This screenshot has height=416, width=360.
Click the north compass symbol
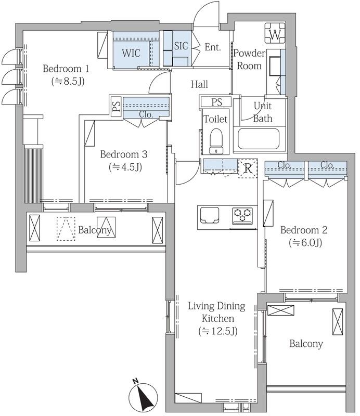point(143,396)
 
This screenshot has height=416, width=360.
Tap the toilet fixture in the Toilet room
point(216,141)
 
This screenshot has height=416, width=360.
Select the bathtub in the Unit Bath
point(259,139)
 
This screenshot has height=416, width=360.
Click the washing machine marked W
point(275,33)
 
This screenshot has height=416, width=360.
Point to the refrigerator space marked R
point(248,168)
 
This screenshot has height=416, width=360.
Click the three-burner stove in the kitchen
point(242,215)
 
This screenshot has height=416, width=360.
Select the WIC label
point(131,53)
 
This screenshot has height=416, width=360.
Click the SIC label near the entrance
point(181,46)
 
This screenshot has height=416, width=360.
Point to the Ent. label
point(213,47)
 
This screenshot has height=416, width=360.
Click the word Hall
point(199,84)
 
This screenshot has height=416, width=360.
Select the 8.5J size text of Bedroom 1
point(68,81)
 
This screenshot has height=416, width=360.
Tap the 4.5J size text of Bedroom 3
point(125,167)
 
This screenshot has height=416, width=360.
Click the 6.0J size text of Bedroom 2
point(305,242)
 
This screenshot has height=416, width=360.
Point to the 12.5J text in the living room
point(218,331)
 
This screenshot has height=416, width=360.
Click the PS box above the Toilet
point(216,102)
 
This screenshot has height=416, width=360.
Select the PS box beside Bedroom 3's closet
point(117,106)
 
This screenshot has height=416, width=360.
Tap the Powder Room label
point(249,59)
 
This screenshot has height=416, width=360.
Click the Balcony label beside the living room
point(306,344)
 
